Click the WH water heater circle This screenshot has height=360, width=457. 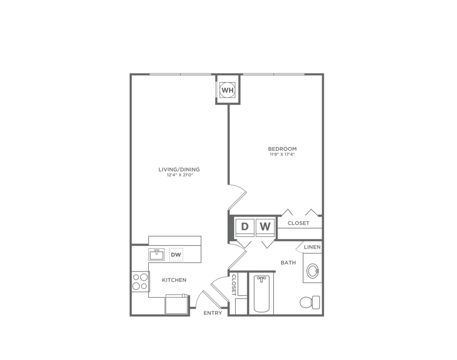[x=227, y=90]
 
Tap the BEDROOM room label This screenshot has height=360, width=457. [x=282, y=149]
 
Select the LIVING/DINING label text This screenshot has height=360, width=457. [x=179, y=169]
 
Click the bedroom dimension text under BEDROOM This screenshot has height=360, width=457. [x=282, y=154]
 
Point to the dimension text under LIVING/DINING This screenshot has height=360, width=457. [x=179, y=175]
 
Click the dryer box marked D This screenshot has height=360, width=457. [x=245, y=226]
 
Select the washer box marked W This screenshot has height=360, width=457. [x=265, y=226]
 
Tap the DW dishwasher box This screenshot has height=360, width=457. [x=176, y=254]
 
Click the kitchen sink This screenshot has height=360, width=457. [x=157, y=254]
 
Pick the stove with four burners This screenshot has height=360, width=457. [x=140, y=281]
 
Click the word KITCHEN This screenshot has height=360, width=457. [x=174, y=280]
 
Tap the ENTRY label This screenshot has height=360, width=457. [x=213, y=313]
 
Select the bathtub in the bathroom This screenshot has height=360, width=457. [x=261, y=294]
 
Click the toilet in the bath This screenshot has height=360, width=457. [x=310, y=302]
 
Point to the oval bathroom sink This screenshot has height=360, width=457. [x=313, y=271]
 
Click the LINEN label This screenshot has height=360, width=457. [x=312, y=247]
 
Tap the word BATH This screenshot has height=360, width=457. [x=288, y=263]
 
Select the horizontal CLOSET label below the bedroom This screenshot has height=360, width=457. [x=298, y=223]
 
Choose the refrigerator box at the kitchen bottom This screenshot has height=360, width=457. [x=177, y=304]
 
